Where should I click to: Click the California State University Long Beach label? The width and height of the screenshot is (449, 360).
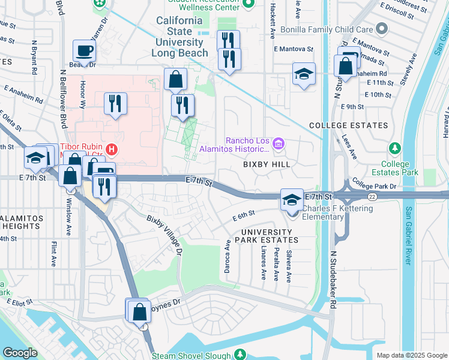click(180, 37)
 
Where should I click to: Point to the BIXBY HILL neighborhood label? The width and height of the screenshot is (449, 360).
click(266, 164)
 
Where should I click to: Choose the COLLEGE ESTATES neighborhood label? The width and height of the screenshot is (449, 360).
click(349, 125)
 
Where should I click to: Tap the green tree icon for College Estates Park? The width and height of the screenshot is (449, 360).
click(394, 148)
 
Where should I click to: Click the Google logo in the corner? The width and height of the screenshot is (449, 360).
click(20, 353)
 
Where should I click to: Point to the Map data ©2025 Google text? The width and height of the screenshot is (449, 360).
click(411, 355)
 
